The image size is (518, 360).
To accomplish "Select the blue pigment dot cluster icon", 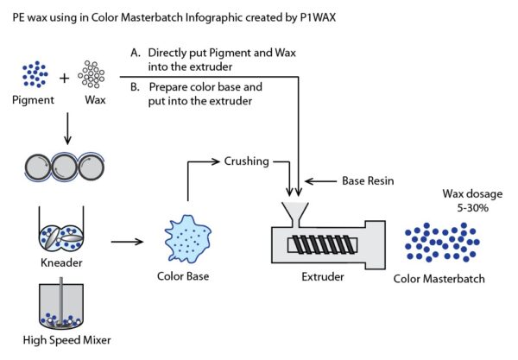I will click(x=34, y=74).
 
